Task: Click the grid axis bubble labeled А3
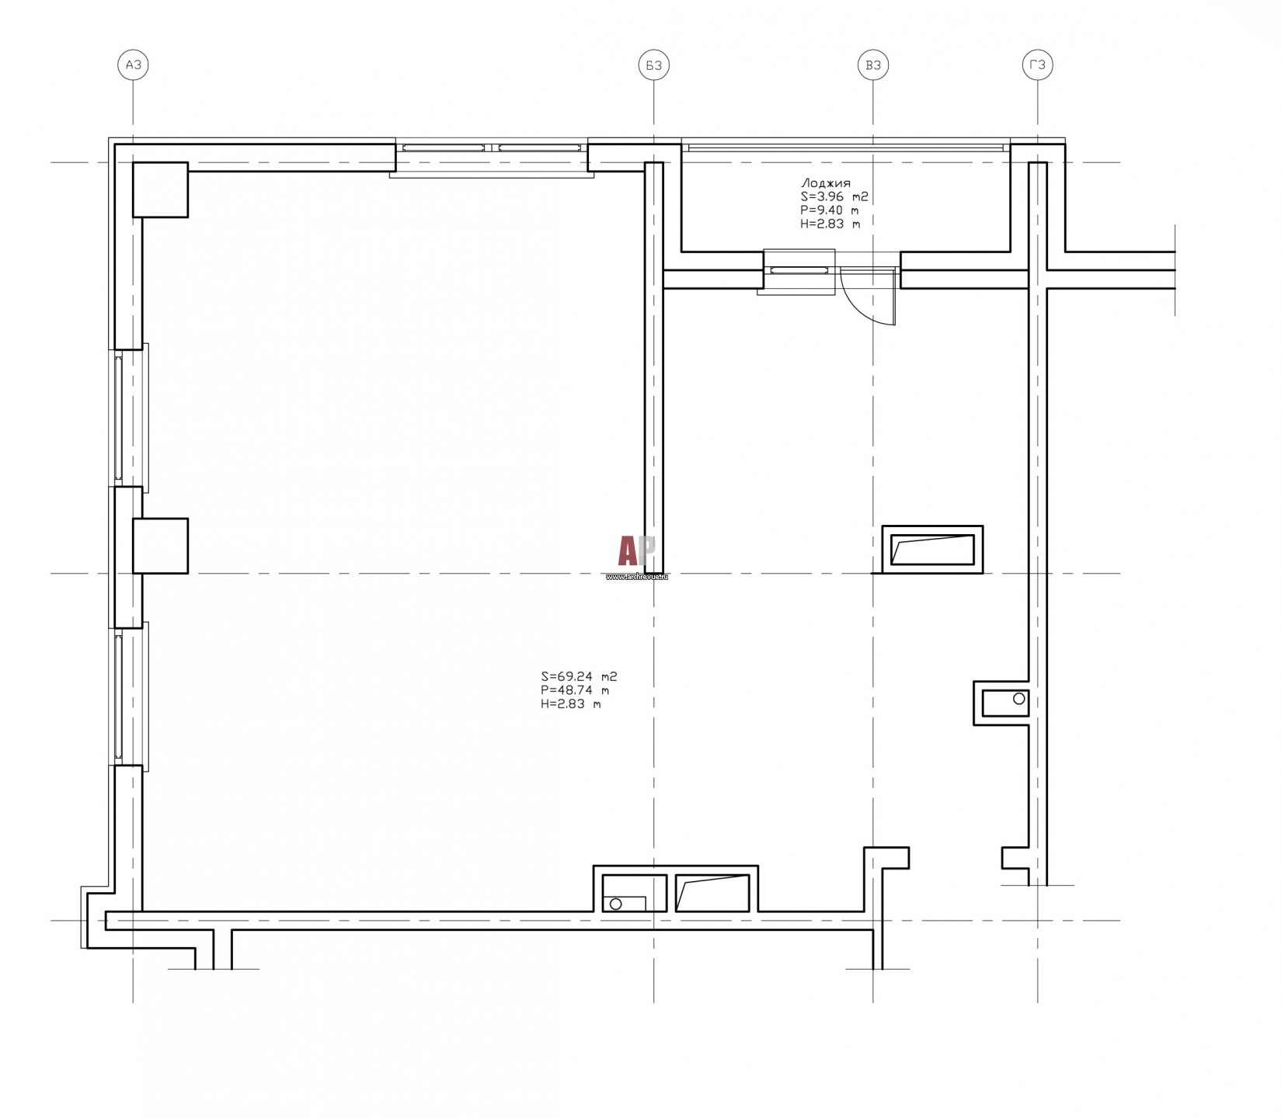133,65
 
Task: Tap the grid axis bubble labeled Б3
654,65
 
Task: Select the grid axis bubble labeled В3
873,65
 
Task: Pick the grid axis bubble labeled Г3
1037,65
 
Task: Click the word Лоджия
825,184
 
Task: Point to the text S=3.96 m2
834,197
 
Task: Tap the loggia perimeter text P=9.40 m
830,210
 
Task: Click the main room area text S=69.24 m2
579,677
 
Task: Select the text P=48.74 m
575,690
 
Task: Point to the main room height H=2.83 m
571,704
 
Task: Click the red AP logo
636,552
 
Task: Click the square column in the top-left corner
161,189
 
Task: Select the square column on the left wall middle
161,546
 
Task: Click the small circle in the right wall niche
1019,699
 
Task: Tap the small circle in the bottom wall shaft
616,904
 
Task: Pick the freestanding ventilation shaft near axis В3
932,550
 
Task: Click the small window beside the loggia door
799,270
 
